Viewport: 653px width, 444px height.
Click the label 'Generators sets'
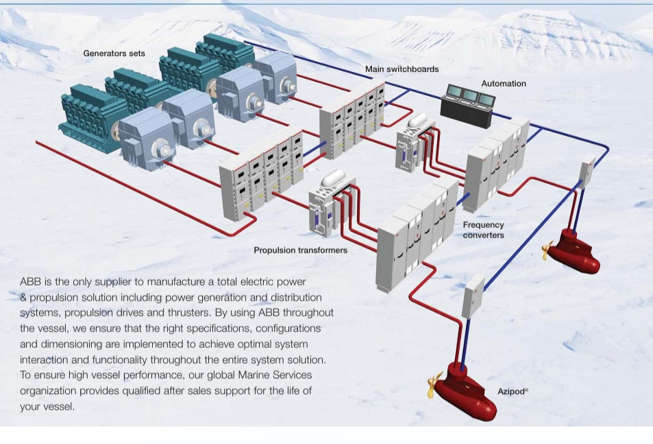(x=114, y=53)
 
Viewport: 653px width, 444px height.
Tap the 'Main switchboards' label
(x=402, y=69)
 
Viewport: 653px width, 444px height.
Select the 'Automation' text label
(x=504, y=84)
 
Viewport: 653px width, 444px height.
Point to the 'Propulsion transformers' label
(x=300, y=250)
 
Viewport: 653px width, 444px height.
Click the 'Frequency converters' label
(x=483, y=230)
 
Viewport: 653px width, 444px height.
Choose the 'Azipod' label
(x=512, y=392)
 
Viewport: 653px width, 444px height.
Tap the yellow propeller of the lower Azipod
(x=434, y=385)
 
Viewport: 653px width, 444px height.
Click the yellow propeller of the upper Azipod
(x=548, y=250)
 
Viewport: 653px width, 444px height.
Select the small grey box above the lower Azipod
(x=473, y=296)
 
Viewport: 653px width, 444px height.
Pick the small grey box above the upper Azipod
(x=587, y=171)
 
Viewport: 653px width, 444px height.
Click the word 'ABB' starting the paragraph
(x=30, y=282)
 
